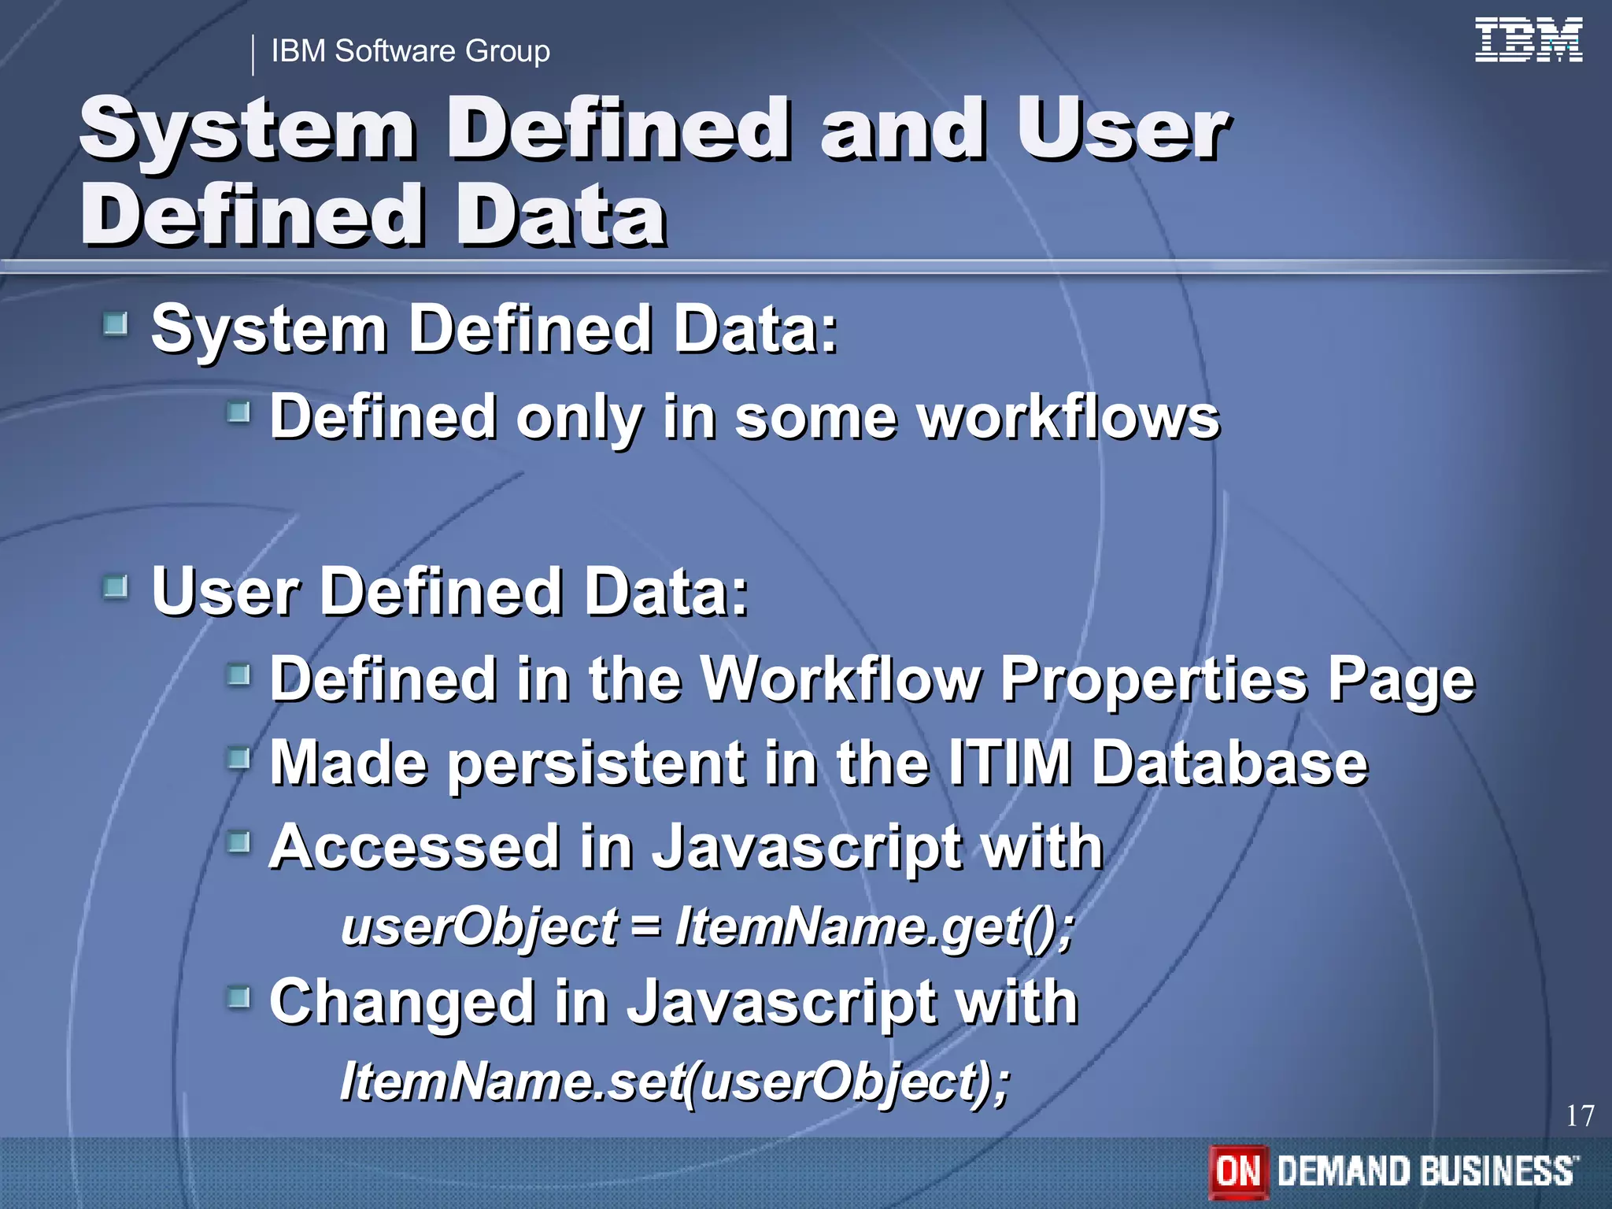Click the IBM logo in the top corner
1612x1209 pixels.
pyautogui.click(x=1528, y=41)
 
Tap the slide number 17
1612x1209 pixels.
pyautogui.click(x=1579, y=1115)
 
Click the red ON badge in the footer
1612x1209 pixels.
pyautogui.click(x=1238, y=1171)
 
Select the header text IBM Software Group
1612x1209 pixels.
pyautogui.click(x=410, y=51)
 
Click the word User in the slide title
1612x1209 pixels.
pyautogui.click(x=1121, y=130)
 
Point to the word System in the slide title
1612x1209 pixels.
pyautogui.click(x=248, y=130)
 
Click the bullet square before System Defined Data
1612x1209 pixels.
pyautogui.click(x=116, y=324)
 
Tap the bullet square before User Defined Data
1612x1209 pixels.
pyautogui.click(x=116, y=586)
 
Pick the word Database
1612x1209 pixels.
pyautogui.click(x=1229, y=763)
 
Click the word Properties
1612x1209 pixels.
pyautogui.click(x=1154, y=678)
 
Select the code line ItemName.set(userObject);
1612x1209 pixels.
pyautogui.click(x=674, y=1081)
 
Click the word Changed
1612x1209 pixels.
pyautogui.click(x=401, y=1002)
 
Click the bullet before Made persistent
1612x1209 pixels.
pyautogui.click(x=238, y=759)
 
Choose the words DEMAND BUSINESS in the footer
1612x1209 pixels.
pyautogui.click(x=1426, y=1171)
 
